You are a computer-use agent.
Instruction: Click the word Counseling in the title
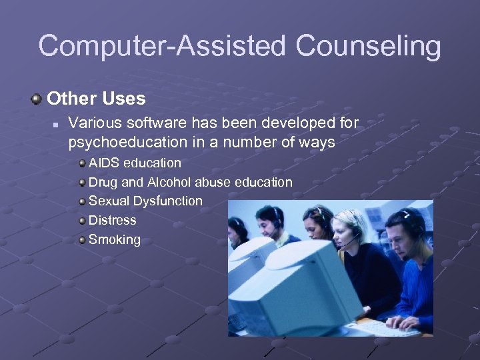369,47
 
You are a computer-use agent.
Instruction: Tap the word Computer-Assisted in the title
163,47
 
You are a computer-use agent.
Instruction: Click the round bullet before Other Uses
36,99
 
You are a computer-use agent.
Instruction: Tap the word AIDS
103,163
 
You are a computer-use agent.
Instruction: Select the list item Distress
112,220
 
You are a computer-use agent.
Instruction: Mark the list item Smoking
115,239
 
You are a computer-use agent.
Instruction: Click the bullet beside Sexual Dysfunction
81,201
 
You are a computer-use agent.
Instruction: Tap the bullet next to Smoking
81,239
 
